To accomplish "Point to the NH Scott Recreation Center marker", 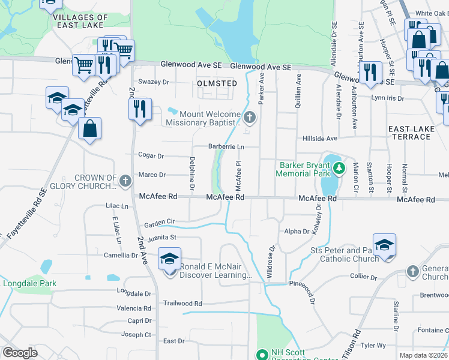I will [261, 355].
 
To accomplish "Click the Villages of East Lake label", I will [80, 22].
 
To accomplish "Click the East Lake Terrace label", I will [409, 133].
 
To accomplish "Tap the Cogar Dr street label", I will [151, 156].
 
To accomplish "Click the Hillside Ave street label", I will [320, 138].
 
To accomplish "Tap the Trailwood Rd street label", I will [183, 304].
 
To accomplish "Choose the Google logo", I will [20, 353].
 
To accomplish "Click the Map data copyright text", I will [424, 355].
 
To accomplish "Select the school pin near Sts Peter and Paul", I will [384, 245].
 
